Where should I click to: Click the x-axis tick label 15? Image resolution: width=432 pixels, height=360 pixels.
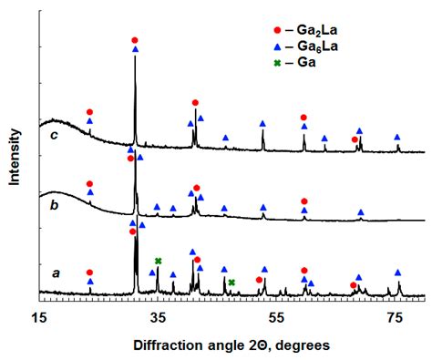click(39, 316)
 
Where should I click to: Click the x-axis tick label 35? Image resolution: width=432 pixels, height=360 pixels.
click(159, 316)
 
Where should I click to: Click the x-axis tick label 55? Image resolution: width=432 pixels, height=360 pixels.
click(276, 316)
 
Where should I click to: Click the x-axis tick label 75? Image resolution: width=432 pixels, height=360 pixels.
click(396, 316)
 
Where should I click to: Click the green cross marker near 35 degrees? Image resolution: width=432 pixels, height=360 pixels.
click(159, 262)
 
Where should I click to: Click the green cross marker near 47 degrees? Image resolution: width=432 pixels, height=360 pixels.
click(231, 283)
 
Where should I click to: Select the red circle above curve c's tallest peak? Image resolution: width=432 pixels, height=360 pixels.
click(135, 40)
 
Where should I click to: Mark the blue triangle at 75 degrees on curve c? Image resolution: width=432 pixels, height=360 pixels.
click(397, 136)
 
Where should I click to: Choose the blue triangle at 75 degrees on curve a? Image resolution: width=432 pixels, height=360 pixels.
click(397, 272)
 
